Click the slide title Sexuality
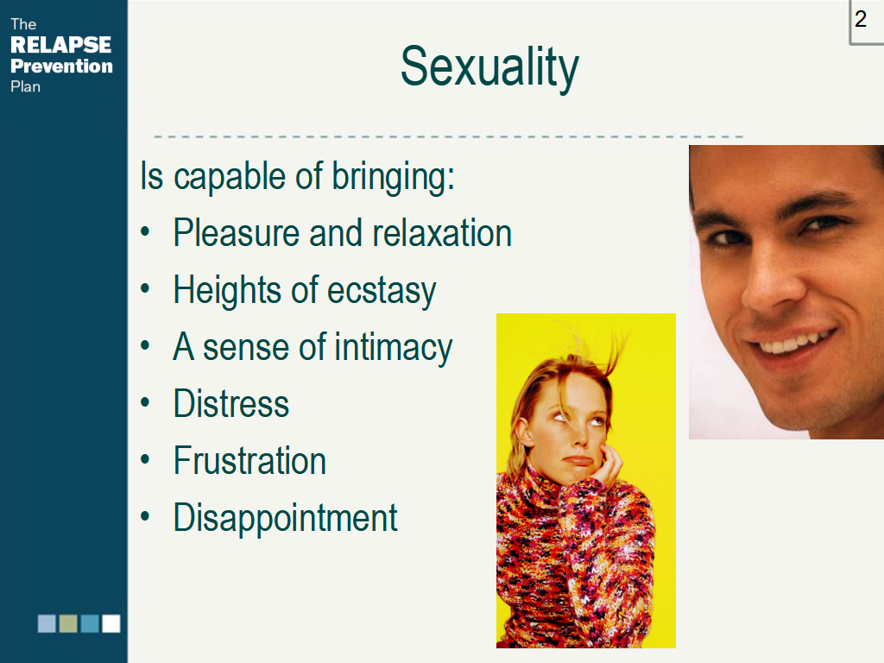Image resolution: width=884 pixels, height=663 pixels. coord(489,67)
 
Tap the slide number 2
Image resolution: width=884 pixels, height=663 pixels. coord(861,19)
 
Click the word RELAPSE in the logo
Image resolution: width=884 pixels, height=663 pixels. coord(61,45)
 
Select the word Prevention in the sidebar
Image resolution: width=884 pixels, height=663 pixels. coord(61,66)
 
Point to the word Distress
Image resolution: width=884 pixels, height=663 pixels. coord(231,404)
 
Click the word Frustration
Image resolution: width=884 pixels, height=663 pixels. coord(249,461)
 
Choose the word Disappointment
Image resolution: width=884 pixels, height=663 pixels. coord(285,518)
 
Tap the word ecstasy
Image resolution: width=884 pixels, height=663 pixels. coord(382,292)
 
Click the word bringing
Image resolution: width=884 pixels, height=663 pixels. coord(393,177)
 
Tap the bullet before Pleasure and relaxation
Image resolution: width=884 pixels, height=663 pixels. coord(145,231)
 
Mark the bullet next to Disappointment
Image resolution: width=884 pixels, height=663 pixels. coord(145,516)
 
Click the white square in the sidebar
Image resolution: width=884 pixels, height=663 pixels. coord(111,623)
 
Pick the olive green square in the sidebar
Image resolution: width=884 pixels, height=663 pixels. coord(68,623)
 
